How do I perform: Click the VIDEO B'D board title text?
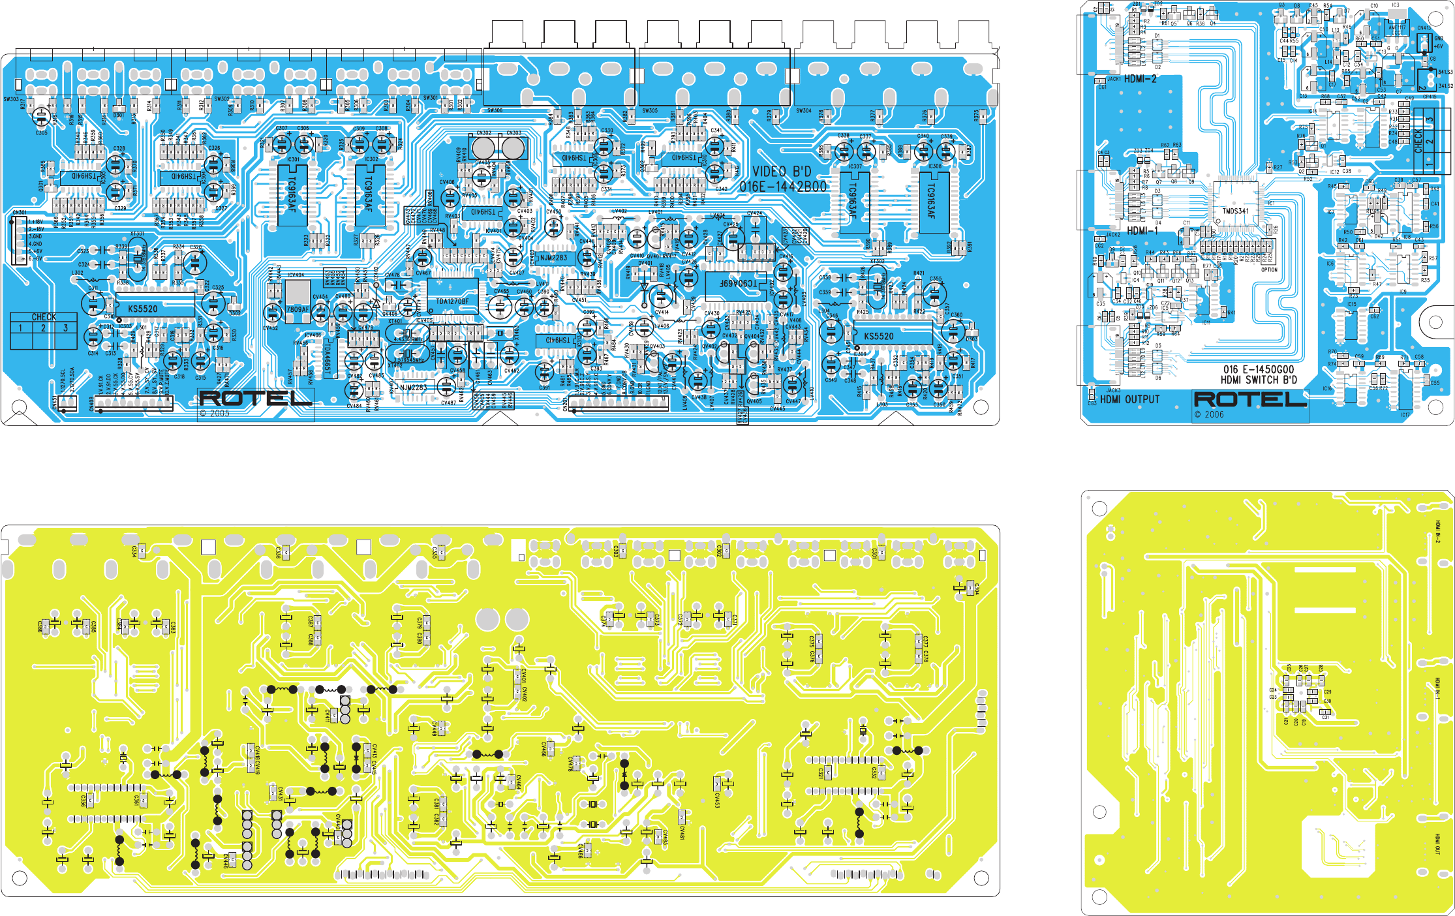click(x=782, y=172)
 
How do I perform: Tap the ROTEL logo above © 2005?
click(x=255, y=398)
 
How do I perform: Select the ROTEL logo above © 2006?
click(x=1250, y=399)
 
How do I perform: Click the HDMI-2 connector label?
click(x=1140, y=79)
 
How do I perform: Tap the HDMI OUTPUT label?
click(x=1130, y=399)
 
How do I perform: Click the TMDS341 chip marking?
click(x=1235, y=211)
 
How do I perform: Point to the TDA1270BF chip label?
click(x=452, y=301)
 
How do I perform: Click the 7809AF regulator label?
click(x=298, y=309)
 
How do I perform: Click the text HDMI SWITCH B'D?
click(x=1259, y=380)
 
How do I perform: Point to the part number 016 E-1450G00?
click(x=1258, y=369)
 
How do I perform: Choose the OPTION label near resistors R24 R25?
click(x=1269, y=269)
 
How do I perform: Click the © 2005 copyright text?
click(x=215, y=414)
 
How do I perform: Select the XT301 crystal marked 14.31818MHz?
click(x=138, y=258)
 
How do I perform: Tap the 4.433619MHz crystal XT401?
click(x=408, y=335)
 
